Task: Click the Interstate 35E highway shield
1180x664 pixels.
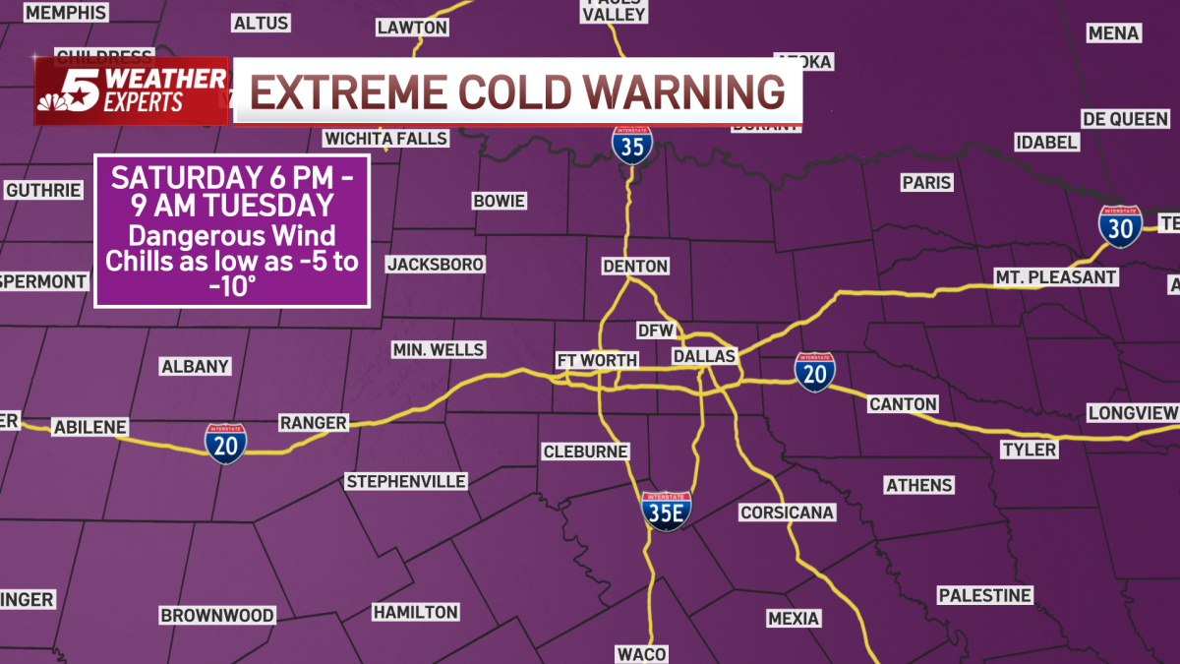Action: tap(666, 512)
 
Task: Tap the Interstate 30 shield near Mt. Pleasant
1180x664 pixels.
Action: tap(1120, 227)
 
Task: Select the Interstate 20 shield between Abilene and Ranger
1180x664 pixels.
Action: tap(226, 444)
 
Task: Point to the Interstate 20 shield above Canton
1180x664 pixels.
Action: tap(815, 372)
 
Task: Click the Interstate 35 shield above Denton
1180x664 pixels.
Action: tap(631, 144)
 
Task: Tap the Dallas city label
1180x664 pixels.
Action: tap(705, 356)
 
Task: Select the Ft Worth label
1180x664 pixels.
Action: tap(597, 360)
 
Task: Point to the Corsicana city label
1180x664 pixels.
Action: tap(787, 513)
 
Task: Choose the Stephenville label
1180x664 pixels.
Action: tap(406, 481)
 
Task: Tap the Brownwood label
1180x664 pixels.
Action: tap(217, 615)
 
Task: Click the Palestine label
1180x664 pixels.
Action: tap(984, 595)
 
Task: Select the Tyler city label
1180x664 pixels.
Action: tap(1029, 450)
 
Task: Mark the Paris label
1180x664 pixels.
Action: tap(926, 182)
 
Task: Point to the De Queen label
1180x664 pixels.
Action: tap(1125, 119)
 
